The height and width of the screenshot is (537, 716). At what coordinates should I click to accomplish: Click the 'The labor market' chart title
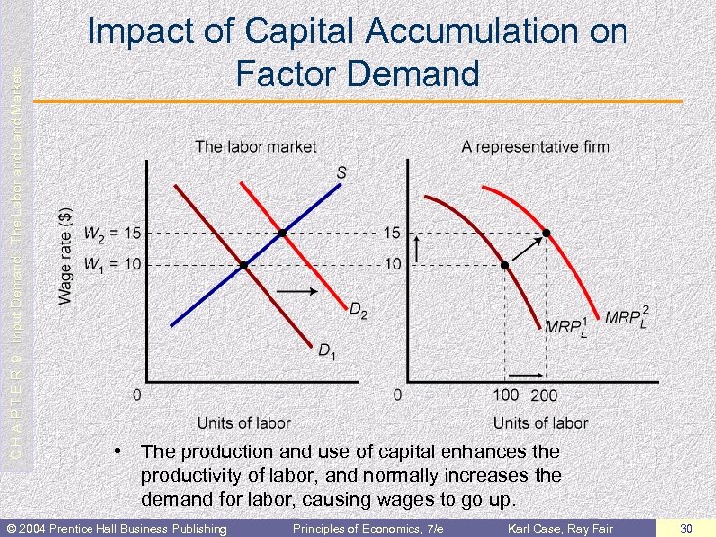pos(256,147)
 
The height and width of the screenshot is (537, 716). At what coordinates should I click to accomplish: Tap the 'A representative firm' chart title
pos(535,147)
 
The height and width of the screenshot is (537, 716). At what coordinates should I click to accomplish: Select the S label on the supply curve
pos(341,173)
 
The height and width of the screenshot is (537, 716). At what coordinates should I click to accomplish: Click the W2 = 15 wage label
pos(112,233)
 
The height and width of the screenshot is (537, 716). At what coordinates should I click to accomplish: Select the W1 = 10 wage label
pos(112,264)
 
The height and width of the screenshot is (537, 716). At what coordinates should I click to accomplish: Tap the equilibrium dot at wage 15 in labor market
pos(283,233)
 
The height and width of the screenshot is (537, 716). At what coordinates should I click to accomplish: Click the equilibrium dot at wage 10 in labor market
pos(243,265)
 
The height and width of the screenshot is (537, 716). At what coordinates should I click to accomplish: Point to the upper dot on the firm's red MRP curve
pos(545,233)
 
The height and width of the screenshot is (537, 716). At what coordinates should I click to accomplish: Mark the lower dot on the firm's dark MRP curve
pos(505,265)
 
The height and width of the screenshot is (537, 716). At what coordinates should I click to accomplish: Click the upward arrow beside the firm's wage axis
pos(416,248)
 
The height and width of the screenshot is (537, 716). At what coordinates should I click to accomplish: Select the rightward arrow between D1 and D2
pos(298,292)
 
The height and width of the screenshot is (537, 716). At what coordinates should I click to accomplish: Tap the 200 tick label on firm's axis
pos(544,395)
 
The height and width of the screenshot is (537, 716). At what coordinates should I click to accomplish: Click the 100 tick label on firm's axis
pos(505,395)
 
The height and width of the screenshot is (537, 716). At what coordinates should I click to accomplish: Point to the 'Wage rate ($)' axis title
pos(65,256)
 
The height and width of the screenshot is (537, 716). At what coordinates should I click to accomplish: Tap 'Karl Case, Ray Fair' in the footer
pos(561,527)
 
